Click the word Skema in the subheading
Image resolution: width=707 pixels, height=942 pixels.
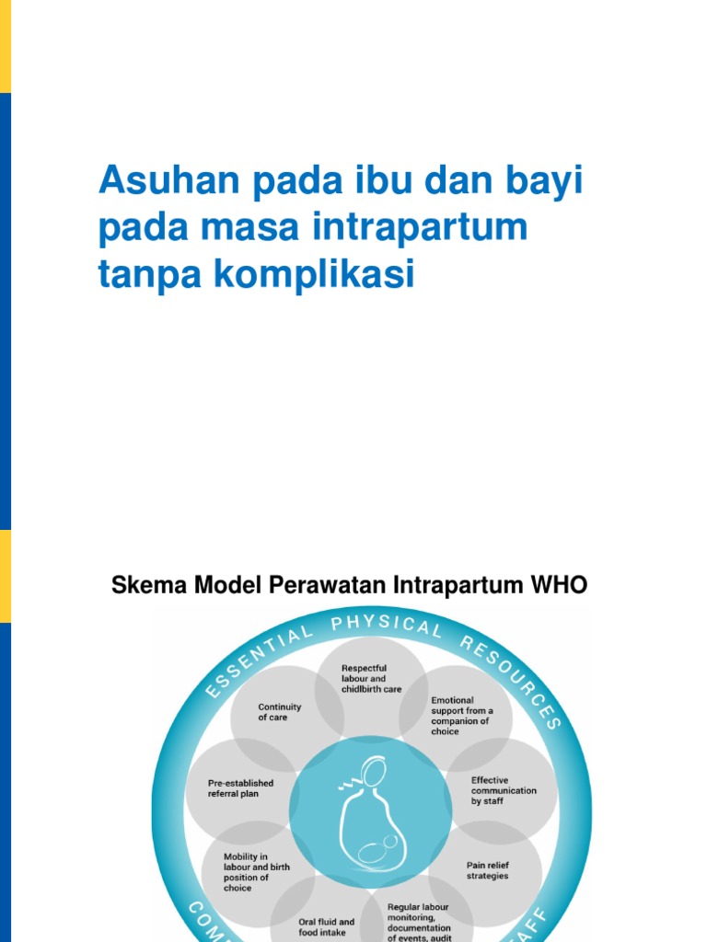tap(141, 585)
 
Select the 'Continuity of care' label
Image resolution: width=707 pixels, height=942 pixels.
tap(279, 712)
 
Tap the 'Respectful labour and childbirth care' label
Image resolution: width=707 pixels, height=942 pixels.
tap(371, 678)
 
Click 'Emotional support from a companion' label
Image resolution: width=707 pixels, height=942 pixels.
tap(462, 715)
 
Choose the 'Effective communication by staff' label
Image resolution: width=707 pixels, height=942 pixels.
tap(504, 790)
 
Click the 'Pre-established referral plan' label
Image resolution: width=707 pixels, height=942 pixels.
tap(240, 787)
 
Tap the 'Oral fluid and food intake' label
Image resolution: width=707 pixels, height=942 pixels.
tap(326, 926)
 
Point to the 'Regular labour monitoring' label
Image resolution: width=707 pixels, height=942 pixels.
tap(419, 921)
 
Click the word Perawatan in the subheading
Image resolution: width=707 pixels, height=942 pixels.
tap(335, 585)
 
